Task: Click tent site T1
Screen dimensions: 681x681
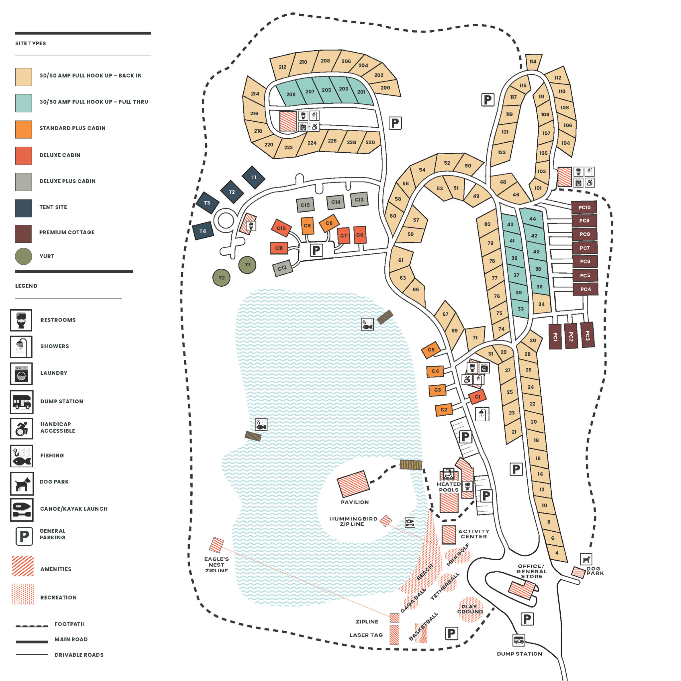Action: (x=253, y=177)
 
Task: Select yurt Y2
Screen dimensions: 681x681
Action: (x=221, y=278)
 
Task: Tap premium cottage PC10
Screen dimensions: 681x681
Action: (x=584, y=207)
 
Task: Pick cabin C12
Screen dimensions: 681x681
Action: (x=282, y=268)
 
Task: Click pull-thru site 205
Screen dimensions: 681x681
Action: (x=327, y=90)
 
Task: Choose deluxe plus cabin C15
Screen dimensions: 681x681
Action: (x=305, y=205)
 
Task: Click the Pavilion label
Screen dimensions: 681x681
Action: (x=354, y=502)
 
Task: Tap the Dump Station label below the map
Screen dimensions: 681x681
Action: (x=519, y=654)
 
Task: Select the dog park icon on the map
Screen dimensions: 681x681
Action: (x=586, y=559)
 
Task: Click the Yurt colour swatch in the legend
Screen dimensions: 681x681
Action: (x=23, y=256)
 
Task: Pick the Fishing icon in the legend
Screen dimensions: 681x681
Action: (x=22, y=456)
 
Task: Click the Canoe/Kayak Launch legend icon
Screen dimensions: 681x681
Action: (x=22, y=510)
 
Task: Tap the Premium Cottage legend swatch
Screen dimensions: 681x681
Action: (x=23, y=233)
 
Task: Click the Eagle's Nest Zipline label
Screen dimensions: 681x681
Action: (x=216, y=565)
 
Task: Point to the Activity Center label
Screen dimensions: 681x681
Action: (x=474, y=534)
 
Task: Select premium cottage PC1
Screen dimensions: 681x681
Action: (x=555, y=337)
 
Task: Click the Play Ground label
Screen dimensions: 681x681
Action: (x=470, y=609)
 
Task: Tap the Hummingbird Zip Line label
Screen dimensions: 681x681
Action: (x=353, y=521)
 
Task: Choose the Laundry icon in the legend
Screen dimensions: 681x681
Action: (x=21, y=374)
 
